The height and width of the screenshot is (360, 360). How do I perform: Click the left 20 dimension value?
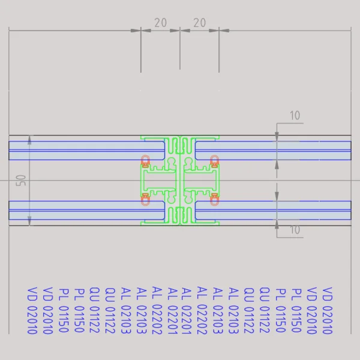point(160,23)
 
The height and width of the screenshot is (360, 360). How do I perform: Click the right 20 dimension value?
point(200,23)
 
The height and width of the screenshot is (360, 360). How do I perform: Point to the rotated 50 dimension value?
point(21,181)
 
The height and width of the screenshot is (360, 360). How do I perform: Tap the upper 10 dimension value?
point(295,115)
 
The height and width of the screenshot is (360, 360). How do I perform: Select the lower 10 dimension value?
point(295,230)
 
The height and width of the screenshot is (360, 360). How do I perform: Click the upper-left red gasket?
point(145,161)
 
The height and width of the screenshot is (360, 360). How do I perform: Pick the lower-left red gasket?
point(145,199)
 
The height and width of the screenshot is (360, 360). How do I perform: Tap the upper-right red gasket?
point(214,161)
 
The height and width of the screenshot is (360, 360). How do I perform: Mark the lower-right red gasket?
point(214,199)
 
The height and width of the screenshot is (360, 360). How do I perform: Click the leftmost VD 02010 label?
point(32,310)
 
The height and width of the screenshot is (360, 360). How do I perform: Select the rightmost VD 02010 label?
point(327,310)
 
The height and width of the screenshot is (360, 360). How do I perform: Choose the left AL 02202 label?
point(157,310)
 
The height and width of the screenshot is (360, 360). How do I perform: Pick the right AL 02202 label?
point(202,310)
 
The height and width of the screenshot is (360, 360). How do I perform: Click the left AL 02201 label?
point(173,310)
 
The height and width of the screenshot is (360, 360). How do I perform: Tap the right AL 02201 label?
point(187,310)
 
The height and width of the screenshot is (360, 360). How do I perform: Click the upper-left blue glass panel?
point(87,151)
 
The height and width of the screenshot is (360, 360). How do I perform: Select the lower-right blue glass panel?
point(273,210)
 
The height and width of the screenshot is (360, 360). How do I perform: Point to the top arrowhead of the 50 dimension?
point(29,140)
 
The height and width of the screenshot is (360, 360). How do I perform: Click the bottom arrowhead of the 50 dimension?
point(29,221)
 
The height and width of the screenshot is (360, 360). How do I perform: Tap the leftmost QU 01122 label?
point(94,310)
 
